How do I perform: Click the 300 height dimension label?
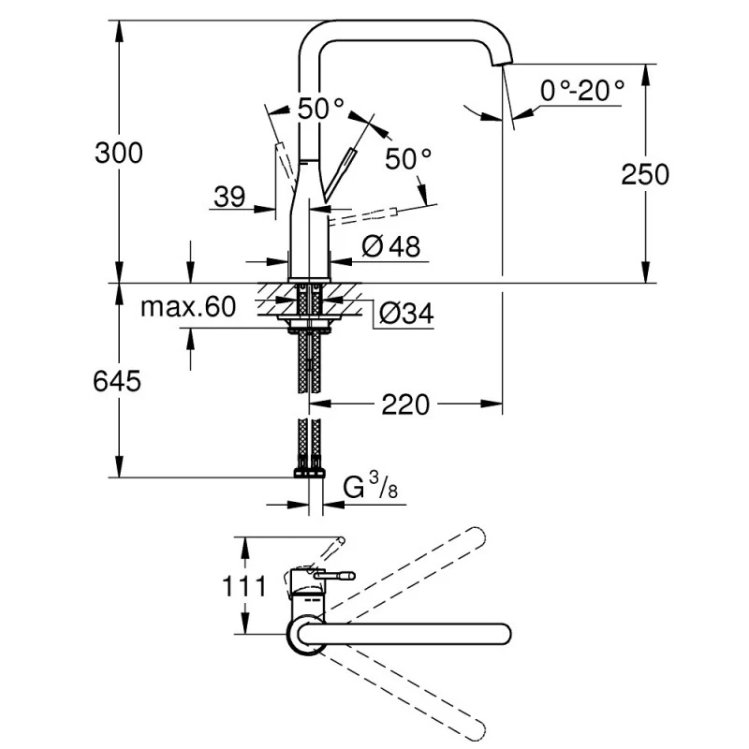pos(119,153)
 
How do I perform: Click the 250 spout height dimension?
pos(643,173)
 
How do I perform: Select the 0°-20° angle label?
pos(581,91)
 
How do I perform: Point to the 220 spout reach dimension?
pos(404,405)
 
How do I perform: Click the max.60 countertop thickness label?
pos(188,307)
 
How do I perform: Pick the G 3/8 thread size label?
pos(365,487)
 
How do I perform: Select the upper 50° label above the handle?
pos(320,109)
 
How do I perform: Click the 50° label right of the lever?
pos(408,159)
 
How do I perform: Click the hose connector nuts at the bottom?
pos(310,473)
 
